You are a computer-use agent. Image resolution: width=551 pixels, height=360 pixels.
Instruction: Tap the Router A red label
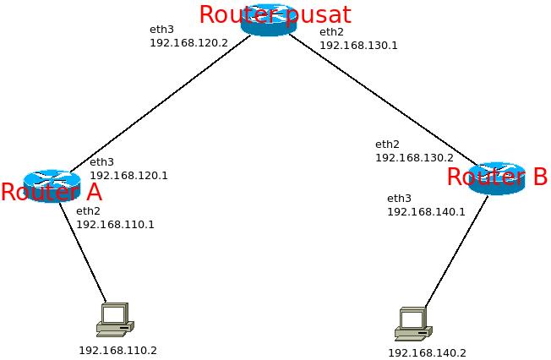51,193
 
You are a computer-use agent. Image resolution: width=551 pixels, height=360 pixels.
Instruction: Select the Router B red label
496,177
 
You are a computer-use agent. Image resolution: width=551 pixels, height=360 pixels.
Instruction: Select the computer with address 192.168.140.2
413,324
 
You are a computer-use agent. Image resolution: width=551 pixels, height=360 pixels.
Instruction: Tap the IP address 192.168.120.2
188,42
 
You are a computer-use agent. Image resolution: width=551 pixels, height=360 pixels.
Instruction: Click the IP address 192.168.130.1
358,46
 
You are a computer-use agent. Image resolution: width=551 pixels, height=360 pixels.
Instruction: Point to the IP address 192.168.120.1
128,176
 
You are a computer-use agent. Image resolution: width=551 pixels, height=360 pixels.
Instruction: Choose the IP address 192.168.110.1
115,225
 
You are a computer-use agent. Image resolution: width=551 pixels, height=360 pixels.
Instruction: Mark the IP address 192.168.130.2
414,158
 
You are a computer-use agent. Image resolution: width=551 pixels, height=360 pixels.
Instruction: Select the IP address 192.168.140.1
426,212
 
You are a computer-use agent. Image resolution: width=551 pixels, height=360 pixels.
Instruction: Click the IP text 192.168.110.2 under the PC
117,350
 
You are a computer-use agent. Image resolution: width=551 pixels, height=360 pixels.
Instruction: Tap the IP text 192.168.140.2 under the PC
427,353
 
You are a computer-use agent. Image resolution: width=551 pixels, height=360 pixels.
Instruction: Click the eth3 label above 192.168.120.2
161,29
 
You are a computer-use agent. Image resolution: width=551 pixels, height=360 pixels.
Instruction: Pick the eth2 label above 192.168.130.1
330,32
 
